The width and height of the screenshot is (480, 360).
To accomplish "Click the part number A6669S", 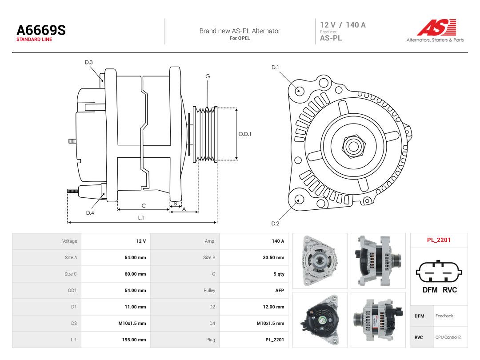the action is [x=41, y=30].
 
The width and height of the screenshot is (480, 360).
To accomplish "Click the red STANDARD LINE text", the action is [x=34, y=40].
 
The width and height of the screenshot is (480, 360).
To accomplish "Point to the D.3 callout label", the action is [x=89, y=63].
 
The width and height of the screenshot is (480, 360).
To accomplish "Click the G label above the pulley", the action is [x=208, y=76].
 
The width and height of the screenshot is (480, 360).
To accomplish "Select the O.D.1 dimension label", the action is [x=245, y=134].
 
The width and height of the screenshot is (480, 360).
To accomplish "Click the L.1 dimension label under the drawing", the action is [x=141, y=218].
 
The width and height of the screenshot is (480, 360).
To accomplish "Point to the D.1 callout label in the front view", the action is [x=275, y=68].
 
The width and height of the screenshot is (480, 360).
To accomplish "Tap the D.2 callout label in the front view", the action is [x=275, y=224].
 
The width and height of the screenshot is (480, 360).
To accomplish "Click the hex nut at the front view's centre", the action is [x=353, y=146].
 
